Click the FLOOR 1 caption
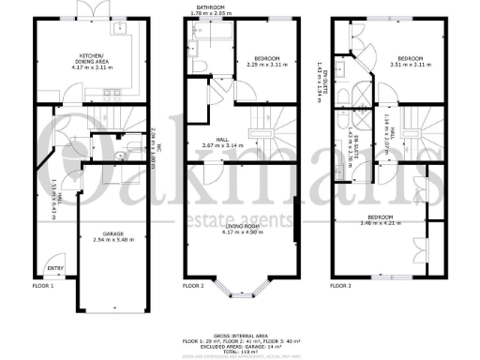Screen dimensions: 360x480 (44, 285)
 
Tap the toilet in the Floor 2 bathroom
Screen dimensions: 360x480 (202, 63)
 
